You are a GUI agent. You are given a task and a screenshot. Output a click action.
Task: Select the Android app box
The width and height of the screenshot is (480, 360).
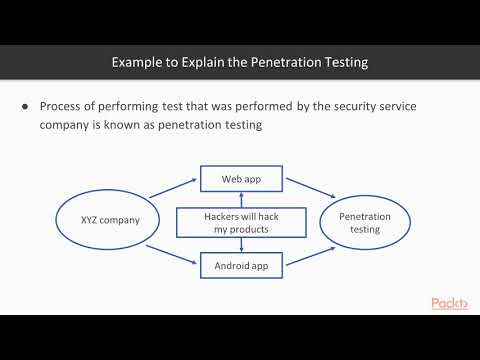[x=240, y=265]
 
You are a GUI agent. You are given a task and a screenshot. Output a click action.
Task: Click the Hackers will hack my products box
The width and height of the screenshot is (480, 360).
[x=240, y=223]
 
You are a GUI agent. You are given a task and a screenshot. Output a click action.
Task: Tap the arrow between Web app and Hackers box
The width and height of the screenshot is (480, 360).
[x=240, y=200]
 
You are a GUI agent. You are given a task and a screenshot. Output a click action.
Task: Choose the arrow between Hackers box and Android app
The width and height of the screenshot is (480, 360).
[x=240, y=246]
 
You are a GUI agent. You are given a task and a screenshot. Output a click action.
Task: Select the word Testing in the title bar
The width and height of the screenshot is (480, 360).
[x=342, y=62]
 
